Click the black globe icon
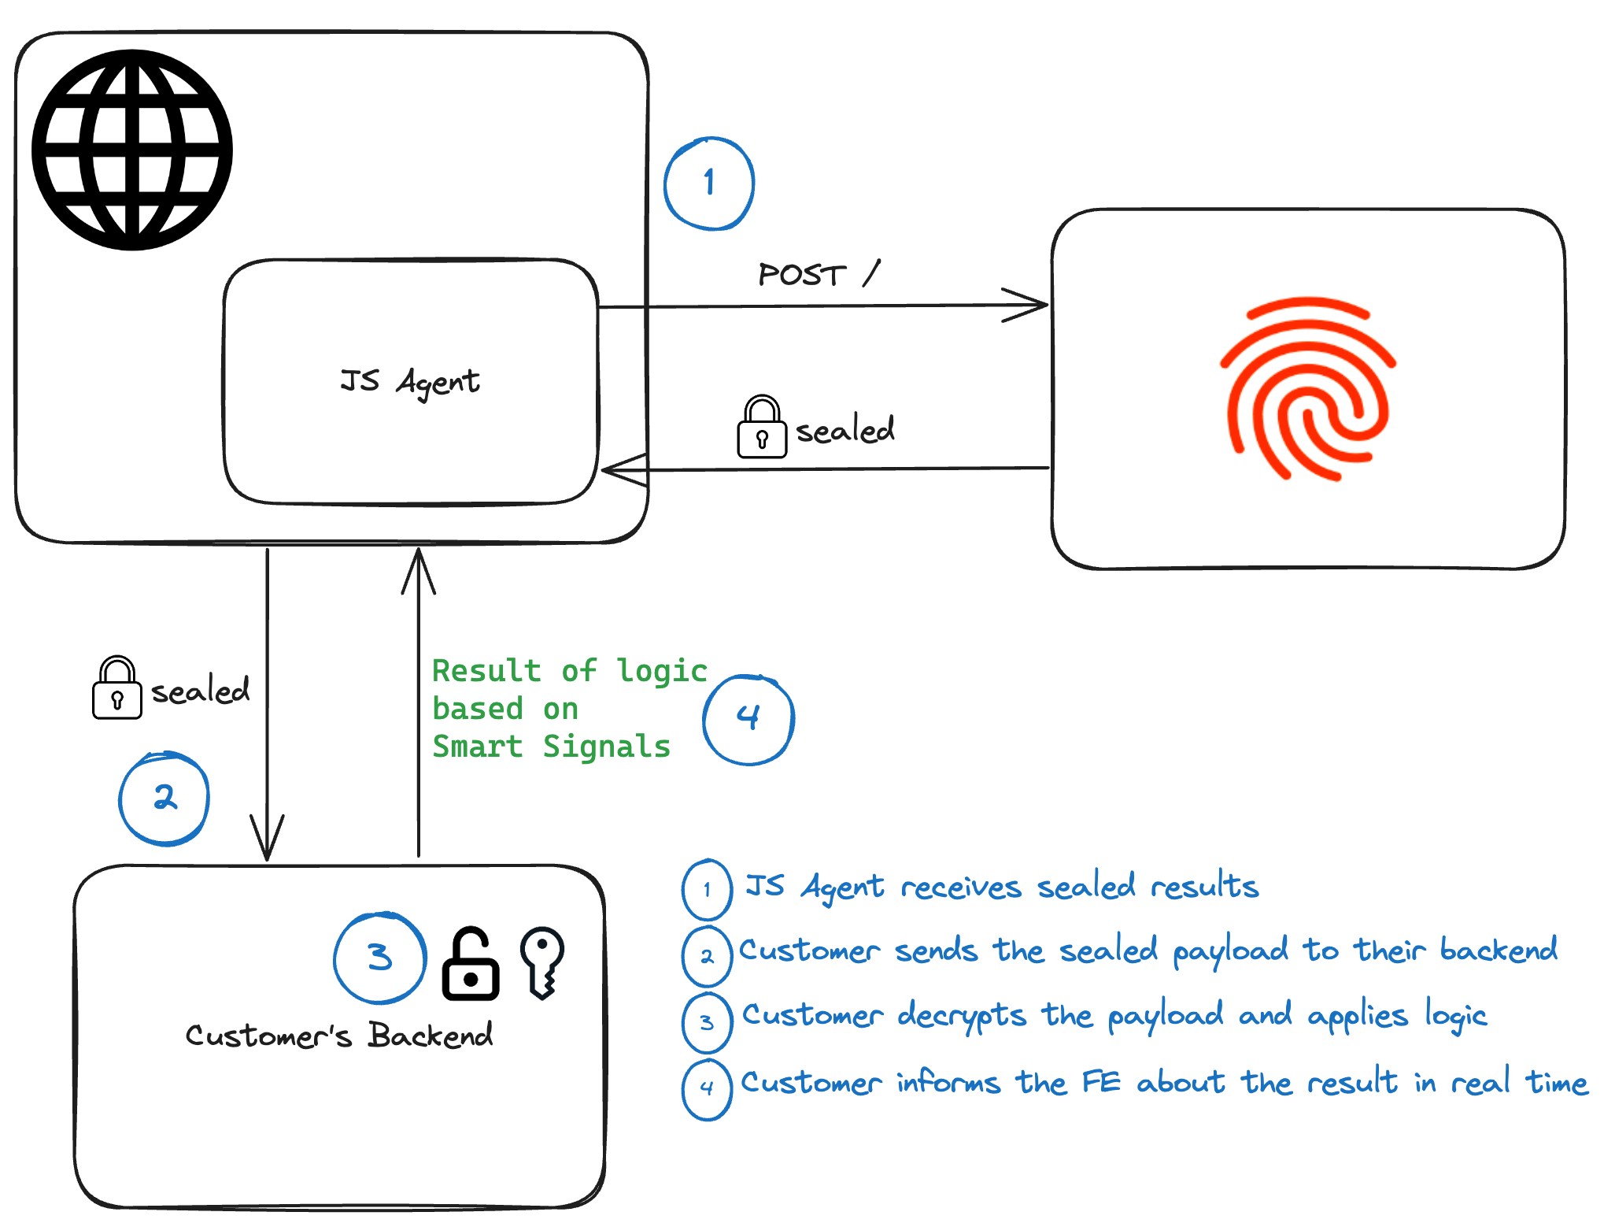click(x=132, y=150)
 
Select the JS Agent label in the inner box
click(x=409, y=382)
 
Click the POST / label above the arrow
click(x=819, y=274)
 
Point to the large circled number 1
click(x=709, y=183)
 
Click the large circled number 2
click(x=164, y=799)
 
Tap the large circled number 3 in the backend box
click(x=379, y=958)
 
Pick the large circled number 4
click(x=748, y=719)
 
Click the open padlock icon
click(x=471, y=964)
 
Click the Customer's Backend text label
click(x=338, y=1035)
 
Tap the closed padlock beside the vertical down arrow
click(x=117, y=688)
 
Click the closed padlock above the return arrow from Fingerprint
click(x=762, y=427)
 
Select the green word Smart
click(x=477, y=747)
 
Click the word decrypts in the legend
click(x=962, y=1016)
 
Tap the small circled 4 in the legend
click(x=707, y=1088)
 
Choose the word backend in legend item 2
click(x=1499, y=950)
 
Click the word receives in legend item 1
click(x=960, y=888)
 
